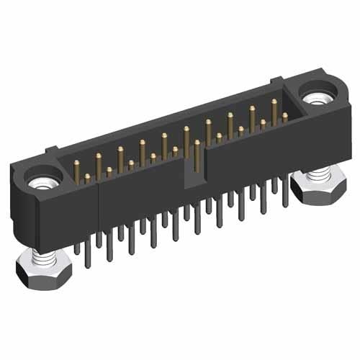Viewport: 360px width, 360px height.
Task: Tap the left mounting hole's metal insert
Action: click(37, 180)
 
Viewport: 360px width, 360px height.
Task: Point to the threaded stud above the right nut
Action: click(315, 171)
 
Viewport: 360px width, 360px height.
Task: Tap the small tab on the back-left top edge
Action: click(50, 150)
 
